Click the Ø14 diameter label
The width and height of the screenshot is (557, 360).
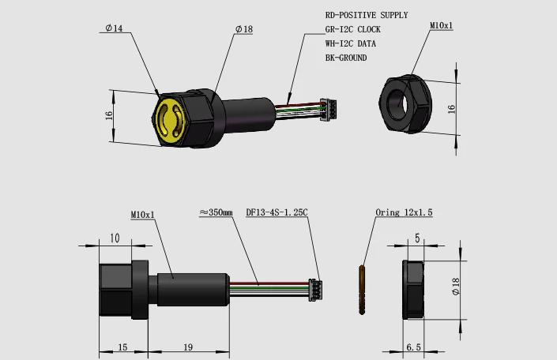coord(114,28)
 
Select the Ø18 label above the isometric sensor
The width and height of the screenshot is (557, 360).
coord(244,29)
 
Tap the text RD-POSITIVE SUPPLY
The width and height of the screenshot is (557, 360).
coord(367,15)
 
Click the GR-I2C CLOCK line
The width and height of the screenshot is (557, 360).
coord(352,29)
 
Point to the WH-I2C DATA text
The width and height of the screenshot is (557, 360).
coord(351,43)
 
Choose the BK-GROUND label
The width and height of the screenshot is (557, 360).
coord(346,58)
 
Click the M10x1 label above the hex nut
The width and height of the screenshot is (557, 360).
coord(441,25)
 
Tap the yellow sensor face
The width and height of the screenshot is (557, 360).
coord(170,120)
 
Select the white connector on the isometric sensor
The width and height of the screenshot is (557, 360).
coord(328,110)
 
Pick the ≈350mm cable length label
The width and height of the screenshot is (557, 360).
coord(216,212)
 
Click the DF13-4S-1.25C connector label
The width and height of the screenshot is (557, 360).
coord(277,212)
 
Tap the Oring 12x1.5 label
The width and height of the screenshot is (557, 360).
coord(404,212)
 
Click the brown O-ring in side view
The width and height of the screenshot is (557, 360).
coord(362,290)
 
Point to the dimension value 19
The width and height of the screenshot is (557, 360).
coord(188,347)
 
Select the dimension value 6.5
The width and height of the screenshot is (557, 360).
coord(413,347)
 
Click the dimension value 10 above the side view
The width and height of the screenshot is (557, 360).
coord(115,238)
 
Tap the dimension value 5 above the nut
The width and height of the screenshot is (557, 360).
coord(417,238)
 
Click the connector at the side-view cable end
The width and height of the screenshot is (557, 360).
coord(315,290)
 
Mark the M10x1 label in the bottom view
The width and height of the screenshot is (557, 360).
coord(142,216)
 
